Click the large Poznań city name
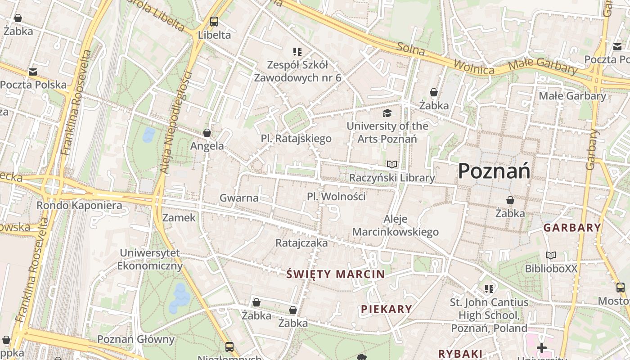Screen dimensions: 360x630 (494, 171)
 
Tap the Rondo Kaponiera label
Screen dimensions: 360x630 (79, 206)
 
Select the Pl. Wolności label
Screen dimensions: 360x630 (336, 197)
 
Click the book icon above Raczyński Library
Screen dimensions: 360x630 (392, 165)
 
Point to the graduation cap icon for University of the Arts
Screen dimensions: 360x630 (387, 113)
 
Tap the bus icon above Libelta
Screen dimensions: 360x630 (214, 21)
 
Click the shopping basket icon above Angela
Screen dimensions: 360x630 (207, 133)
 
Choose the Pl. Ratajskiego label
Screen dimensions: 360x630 (296, 139)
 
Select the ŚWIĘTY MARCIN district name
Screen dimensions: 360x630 (336, 274)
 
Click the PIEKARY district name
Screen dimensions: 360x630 (387, 309)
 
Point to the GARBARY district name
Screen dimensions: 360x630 (572, 228)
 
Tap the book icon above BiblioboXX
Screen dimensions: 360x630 (551, 256)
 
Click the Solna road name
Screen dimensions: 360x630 (411, 49)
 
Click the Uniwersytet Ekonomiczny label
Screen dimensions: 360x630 (150, 259)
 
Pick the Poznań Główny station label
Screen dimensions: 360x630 (135, 339)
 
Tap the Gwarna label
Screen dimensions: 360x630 (239, 198)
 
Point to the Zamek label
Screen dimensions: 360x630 (179, 218)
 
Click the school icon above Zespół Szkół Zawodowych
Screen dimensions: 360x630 (297, 52)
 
